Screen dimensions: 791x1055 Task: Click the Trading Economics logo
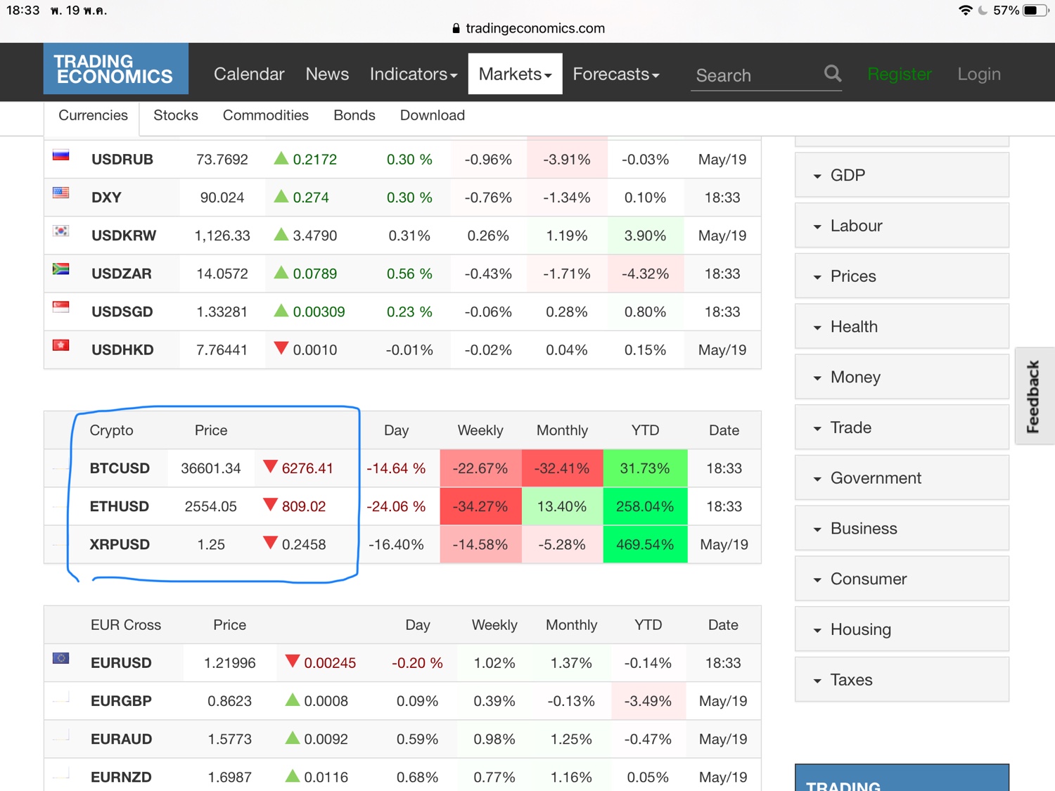coord(115,69)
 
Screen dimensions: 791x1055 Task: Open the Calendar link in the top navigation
coord(249,74)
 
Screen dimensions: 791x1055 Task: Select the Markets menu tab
coord(515,74)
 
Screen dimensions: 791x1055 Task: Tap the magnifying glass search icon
coord(833,73)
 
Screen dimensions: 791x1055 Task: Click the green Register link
coord(900,74)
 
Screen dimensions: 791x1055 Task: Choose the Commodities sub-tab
coord(265,115)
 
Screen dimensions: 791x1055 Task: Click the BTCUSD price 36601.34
coord(211,468)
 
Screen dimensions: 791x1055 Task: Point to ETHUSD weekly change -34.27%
coord(480,506)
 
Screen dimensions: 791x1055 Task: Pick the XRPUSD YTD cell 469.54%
coord(645,544)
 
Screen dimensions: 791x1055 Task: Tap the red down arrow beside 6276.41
coord(270,467)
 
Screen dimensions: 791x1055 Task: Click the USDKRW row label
coord(124,236)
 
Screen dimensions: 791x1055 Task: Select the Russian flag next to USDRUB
coord(61,155)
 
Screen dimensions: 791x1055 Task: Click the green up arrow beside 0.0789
coord(281,272)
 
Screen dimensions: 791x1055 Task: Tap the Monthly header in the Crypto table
coord(562,430)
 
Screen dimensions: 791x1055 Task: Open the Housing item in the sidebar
coord(860,629)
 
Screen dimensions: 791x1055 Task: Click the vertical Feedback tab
coord(1033,396)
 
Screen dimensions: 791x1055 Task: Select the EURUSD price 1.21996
coord(230,663)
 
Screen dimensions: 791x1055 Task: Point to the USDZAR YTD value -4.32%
coord(645,274)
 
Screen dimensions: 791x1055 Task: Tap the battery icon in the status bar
coord(1035,11)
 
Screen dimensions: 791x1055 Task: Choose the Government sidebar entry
coord(876,478)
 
